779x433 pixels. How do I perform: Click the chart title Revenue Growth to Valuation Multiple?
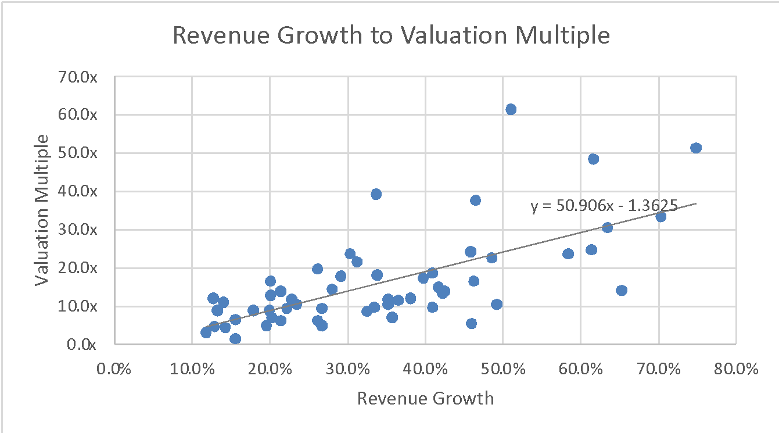(392, 36)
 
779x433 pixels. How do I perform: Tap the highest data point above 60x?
(511, 109)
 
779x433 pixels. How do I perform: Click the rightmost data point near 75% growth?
(696, 148)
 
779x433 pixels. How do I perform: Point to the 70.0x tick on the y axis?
(81, 77)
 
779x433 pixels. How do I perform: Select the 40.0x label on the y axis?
(81, 191)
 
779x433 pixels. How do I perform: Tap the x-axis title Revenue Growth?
(425, 399)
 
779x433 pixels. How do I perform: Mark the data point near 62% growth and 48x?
(593, 159)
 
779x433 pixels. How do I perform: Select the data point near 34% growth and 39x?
(376, 194)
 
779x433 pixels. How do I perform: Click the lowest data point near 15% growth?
(235, 339)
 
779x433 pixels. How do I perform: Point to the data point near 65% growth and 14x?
(622, 290)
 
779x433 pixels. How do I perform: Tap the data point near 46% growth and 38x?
(475, 200)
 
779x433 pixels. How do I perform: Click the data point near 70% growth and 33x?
(660, 216)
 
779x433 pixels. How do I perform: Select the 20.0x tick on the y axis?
(81, 268)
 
